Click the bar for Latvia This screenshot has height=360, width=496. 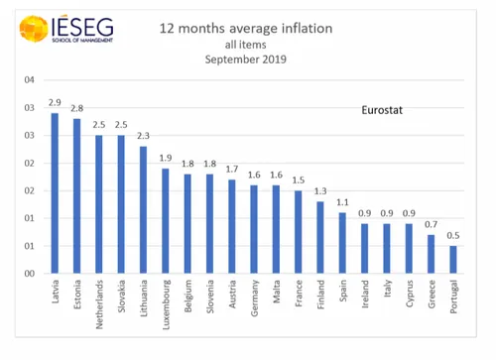tap(55, 193)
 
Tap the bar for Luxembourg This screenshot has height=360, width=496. tap(166, 221)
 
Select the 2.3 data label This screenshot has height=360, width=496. tap(144, 137)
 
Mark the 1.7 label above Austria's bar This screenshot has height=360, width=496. tap(233, 170)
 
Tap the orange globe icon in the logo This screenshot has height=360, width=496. tap(33, 29)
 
